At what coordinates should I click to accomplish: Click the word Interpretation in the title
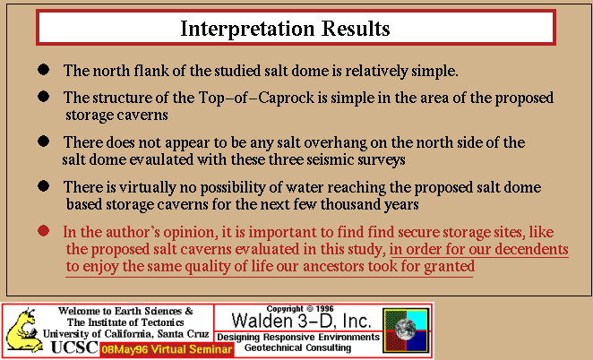pos(247,29)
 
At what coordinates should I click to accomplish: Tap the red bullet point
pos(44,231)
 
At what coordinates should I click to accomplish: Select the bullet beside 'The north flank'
pos(44,70)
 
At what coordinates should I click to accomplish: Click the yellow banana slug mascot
pos(23,330)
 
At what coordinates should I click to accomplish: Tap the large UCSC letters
pos(74,347)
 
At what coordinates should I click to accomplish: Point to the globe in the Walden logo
pos(405,327)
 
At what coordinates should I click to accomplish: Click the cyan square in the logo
pos(417,320)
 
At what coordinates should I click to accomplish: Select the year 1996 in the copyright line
pos(324,309)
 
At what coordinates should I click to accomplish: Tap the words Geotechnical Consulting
pos(297,347)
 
